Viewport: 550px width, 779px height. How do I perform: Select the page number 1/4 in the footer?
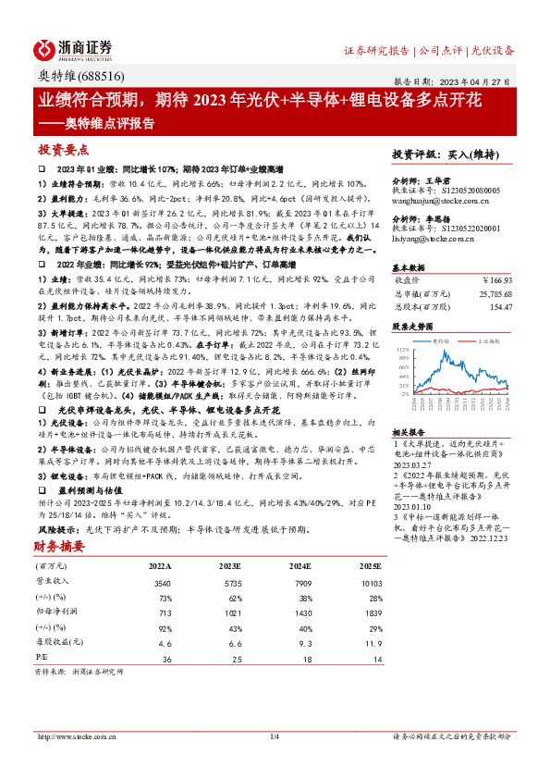(274, 736)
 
